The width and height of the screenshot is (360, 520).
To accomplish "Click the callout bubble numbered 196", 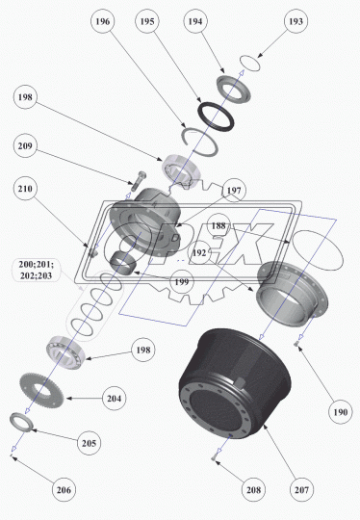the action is point(102,21).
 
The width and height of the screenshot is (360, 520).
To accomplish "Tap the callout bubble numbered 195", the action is point(147,21).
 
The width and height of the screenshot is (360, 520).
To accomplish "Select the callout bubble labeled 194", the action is point(194,21).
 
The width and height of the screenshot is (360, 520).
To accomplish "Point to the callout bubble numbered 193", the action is point(296,21).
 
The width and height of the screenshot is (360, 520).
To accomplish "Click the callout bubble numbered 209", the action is point(25,146).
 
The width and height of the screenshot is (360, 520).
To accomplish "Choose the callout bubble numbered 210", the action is point(25,189).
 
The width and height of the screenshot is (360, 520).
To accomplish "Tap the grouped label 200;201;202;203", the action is point(36,270).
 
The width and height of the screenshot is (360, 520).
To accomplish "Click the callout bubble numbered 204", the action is point(114,398).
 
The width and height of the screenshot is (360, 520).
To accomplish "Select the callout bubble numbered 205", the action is point(89,443).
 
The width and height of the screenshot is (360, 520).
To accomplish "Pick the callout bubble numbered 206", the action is point(64,489).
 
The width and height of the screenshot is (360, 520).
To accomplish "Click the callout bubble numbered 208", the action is point(253,489).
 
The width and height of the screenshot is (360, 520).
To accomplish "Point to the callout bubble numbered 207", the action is point(301,489).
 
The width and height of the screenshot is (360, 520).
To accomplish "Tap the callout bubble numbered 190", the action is point(341,412).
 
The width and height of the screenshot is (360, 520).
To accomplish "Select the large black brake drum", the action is point(234,383).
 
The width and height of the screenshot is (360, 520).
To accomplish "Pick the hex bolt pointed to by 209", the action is point(138,180).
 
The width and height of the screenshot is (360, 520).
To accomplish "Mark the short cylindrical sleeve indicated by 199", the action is point(123,263).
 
